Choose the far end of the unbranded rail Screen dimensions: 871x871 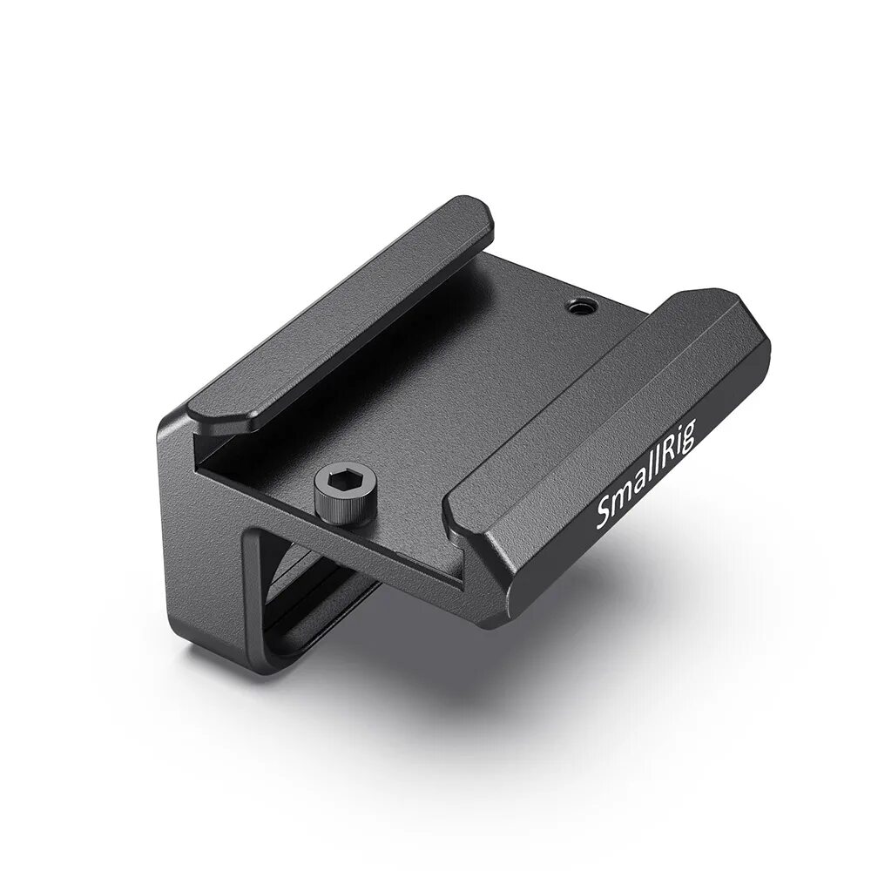pos(470,213)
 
